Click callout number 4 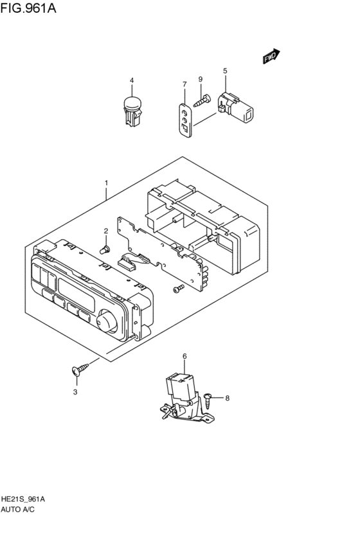point(132,81)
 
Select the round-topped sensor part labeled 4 point(132,110)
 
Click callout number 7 point(184,84)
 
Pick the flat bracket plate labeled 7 point(184,116)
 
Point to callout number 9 point(200,79)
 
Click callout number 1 point(107,183)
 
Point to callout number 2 point(106,231)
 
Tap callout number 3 point(75,391)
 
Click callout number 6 point(184,355)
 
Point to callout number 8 point(227,399)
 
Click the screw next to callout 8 point(209,399)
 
